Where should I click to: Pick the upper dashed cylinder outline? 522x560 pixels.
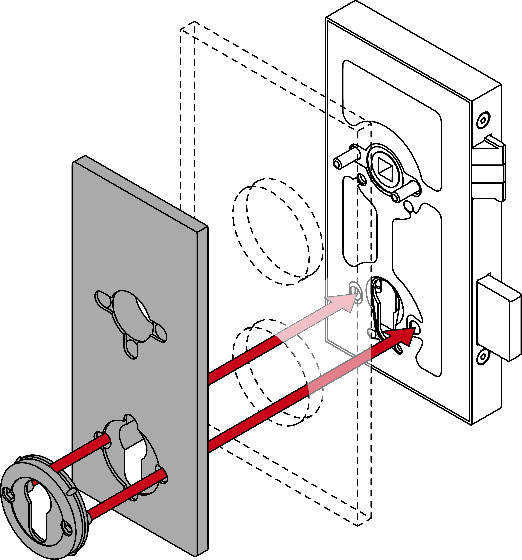278,231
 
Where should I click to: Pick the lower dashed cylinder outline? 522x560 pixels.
278,372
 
